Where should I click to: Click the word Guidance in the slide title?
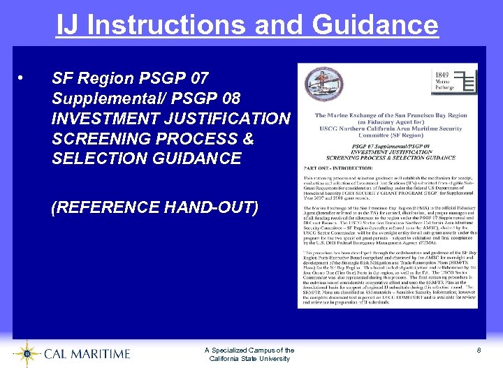coord(375,25)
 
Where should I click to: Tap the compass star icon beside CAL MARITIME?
coord(27,354)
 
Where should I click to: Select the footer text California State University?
coord(249,359)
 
